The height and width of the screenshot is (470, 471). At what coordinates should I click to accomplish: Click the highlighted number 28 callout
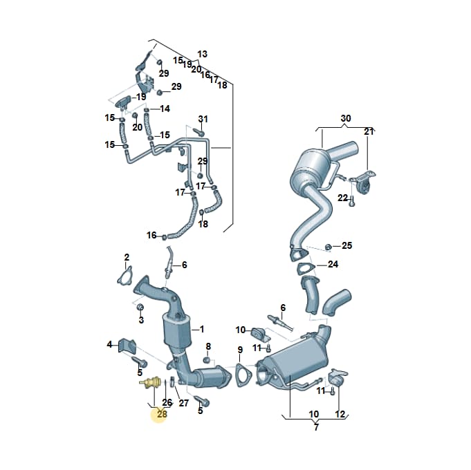coord(162,414)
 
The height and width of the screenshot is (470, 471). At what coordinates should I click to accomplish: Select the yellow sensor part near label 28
coord(151,383)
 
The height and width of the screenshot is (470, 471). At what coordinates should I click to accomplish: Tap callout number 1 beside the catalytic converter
coord(202,329)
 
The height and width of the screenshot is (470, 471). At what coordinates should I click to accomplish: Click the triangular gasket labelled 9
coord(239,375)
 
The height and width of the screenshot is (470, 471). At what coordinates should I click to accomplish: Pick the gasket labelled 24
coord(306,268)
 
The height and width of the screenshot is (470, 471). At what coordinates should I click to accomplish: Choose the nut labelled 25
coord(329,247)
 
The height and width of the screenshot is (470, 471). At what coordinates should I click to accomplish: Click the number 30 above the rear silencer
coord(346,118)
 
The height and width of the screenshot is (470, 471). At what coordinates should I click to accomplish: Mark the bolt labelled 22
coord(352,201)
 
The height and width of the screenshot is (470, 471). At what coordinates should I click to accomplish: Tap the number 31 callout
coord(203,119)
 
